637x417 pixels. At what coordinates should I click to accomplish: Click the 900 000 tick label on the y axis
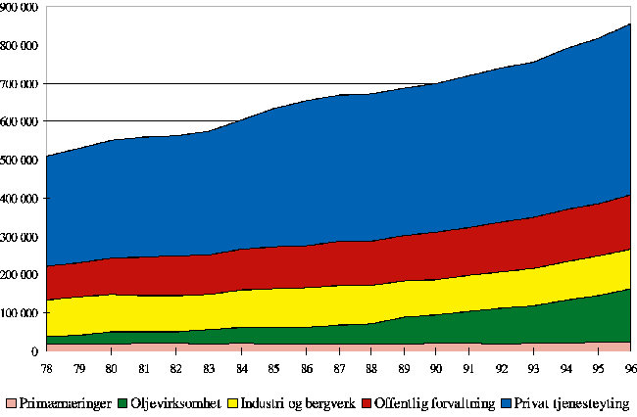click(x=20, y=7)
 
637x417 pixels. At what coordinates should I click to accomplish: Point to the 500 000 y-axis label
click(x=20, y=160)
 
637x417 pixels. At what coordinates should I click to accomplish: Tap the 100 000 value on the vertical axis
click(x=20, y=313)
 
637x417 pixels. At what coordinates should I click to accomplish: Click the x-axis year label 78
click(x=46, y=366)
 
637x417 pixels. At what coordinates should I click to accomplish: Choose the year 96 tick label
click(x=629, y=366)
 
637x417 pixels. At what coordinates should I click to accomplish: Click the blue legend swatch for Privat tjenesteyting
click(x=505, y=403)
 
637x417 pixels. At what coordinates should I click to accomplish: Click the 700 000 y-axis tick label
click(x=20, y=83)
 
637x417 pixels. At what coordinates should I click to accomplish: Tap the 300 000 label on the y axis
click(x=20, y=237)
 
